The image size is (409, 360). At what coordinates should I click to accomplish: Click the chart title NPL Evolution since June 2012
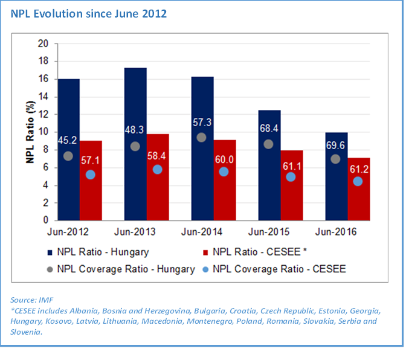pos(89,13)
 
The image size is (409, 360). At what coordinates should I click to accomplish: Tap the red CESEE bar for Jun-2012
pos(91,181)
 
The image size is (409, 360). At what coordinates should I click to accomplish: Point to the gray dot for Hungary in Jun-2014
pos(201,137)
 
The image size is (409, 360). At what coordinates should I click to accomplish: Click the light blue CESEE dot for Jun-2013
pos(158,169)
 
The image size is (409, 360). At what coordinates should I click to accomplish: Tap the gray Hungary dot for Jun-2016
pos(335,159)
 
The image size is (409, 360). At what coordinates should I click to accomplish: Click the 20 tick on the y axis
pos(43,43)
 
